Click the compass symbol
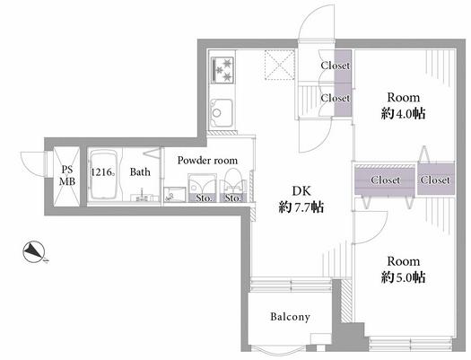click(x=34, y=251)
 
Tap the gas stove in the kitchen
click(x=222, y=70)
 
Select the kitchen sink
click(x=221, y=113)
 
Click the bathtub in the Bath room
click(x=104, y=174)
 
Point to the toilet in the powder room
click(x=233, y=183)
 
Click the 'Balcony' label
click(x=290, y=317)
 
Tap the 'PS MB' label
click(x=67, y=175)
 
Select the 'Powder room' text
click(x=207, y=160)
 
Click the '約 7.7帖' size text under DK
click(x=301, y=207)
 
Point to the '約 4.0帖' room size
click(x=403, y=114)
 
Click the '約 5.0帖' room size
click(x=403, y=277)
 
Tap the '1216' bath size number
click(x=102, y=172)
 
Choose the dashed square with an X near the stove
click(x=279, y=65)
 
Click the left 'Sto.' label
click(x=204, y=198)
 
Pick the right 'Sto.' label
click(x=233, y=198)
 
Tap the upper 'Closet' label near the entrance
click(x=336, y=66)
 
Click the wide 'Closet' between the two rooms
click(x=386, y=180)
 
